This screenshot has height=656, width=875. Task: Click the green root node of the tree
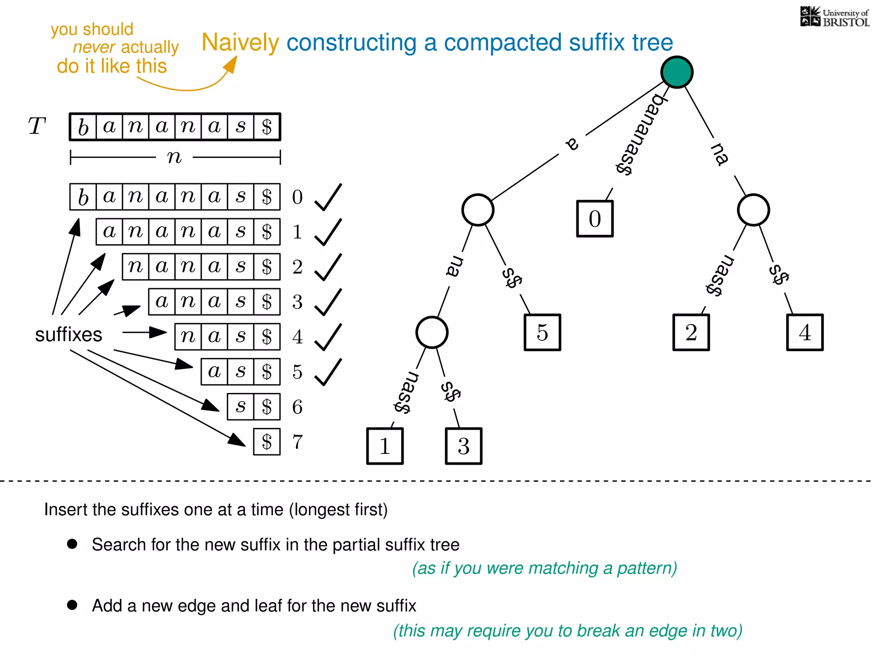coord(677,72)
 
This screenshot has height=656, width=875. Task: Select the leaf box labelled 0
coord(595,219)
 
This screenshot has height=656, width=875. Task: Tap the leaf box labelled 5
coord(542,332)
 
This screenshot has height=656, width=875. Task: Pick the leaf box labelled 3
coord(464,446)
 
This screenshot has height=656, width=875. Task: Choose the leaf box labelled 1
coord(385,446)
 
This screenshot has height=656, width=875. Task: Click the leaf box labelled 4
coord(805,332)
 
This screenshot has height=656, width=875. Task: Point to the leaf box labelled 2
coord(691,332)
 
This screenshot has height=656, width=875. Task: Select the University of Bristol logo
coord(834,17)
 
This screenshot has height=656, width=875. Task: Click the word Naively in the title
coord(240,43)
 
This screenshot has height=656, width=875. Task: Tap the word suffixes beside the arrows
coord(68,334)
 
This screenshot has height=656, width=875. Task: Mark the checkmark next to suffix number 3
coord(328,302)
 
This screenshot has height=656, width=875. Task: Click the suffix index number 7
coord(297,442)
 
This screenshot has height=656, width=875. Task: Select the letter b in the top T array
coord(83,127)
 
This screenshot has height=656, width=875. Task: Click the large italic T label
coord(37,126)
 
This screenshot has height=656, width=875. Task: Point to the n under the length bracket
coord(174,157)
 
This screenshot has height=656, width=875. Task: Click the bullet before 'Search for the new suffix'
coord(72,544)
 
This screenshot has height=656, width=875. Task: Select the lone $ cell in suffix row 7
coord(267,442)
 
